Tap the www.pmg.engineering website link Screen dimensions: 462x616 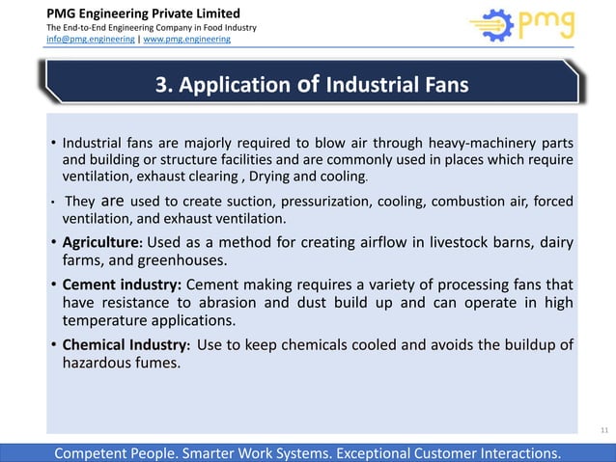pyautogui.click(x=187, y=40)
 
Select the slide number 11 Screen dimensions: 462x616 pyautogui.click(x=604, y=427)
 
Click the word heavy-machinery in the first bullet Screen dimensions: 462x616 pyautogui.click(x=469, y=145)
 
